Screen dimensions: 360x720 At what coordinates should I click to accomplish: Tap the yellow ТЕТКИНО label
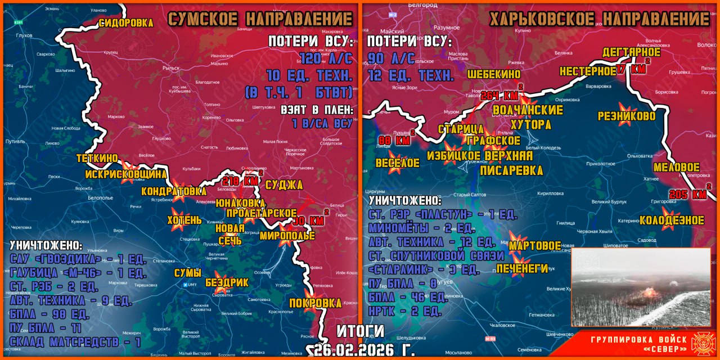pos(97,159)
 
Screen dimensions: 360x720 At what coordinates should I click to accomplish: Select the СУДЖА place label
pos(283,185)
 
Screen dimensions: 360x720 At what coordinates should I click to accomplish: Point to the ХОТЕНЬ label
pos(184,220)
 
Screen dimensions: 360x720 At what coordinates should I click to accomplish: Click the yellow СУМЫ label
pos(188,273)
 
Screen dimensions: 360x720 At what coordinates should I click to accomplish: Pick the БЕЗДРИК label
pos(227,282)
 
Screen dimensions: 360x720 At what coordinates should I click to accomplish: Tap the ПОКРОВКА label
pos(314,303)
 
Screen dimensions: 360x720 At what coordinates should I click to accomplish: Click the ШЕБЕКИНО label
pos(493,74)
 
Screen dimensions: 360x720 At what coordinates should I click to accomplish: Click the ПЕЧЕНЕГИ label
pos(521,268)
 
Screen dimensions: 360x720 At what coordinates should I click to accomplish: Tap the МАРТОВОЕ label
pos(534,246)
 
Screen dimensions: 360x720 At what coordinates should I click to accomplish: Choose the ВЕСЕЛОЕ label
pos(397,163)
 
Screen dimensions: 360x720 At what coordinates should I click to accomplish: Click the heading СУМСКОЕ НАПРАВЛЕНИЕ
pos(260,19)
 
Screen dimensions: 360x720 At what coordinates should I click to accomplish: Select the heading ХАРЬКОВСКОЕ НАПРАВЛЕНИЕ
pos(599,19)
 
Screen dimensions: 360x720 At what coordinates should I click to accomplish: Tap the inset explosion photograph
pos(640,287)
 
